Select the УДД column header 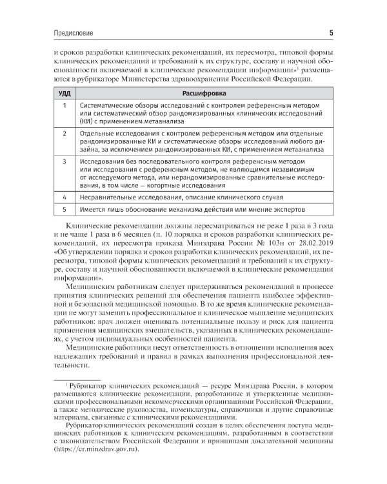[x=64, y=93]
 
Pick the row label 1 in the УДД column [x=64, y=105]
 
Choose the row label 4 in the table [x=64, y=197]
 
